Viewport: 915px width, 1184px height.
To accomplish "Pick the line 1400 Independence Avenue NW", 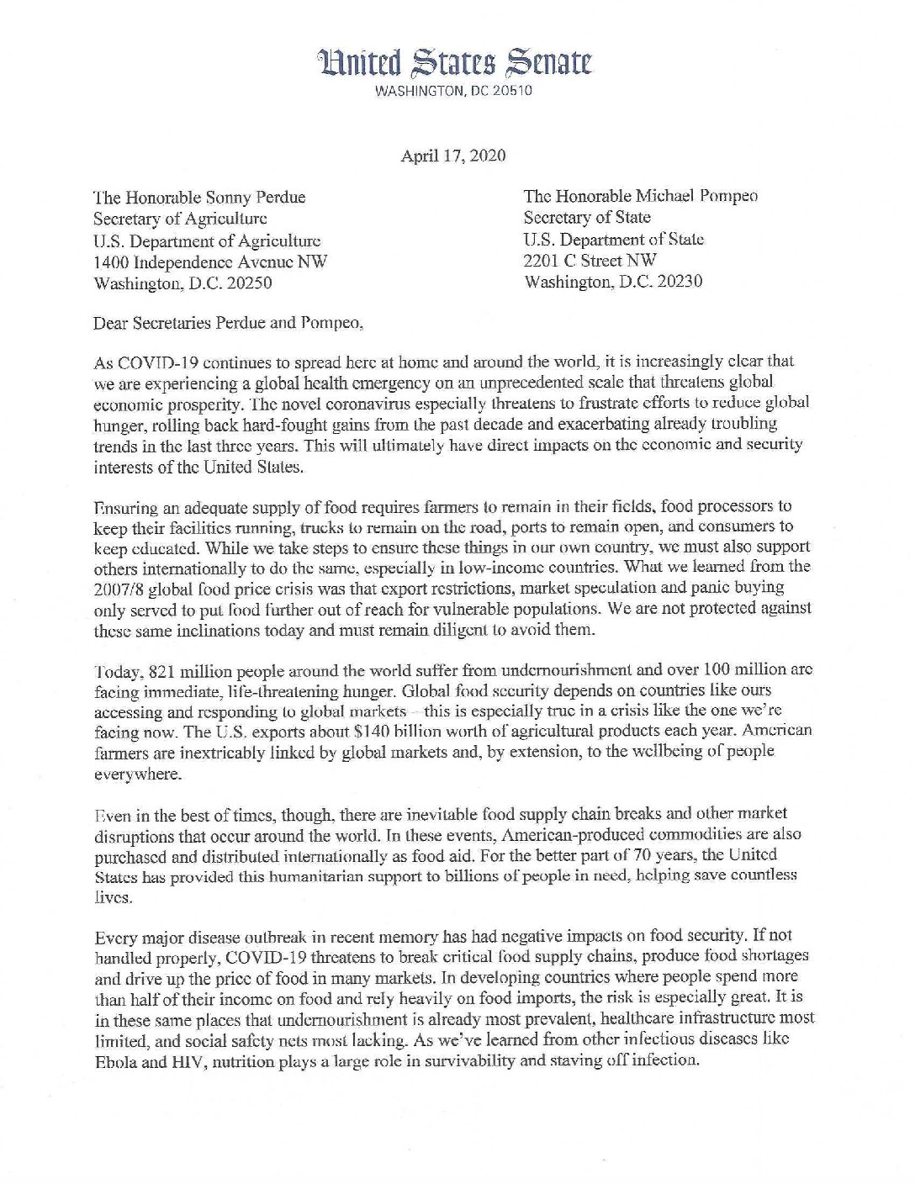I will point(209,262).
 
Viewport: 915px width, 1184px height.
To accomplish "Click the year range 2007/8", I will point(119,588).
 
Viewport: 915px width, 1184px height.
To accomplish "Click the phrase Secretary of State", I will point(587,217).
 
